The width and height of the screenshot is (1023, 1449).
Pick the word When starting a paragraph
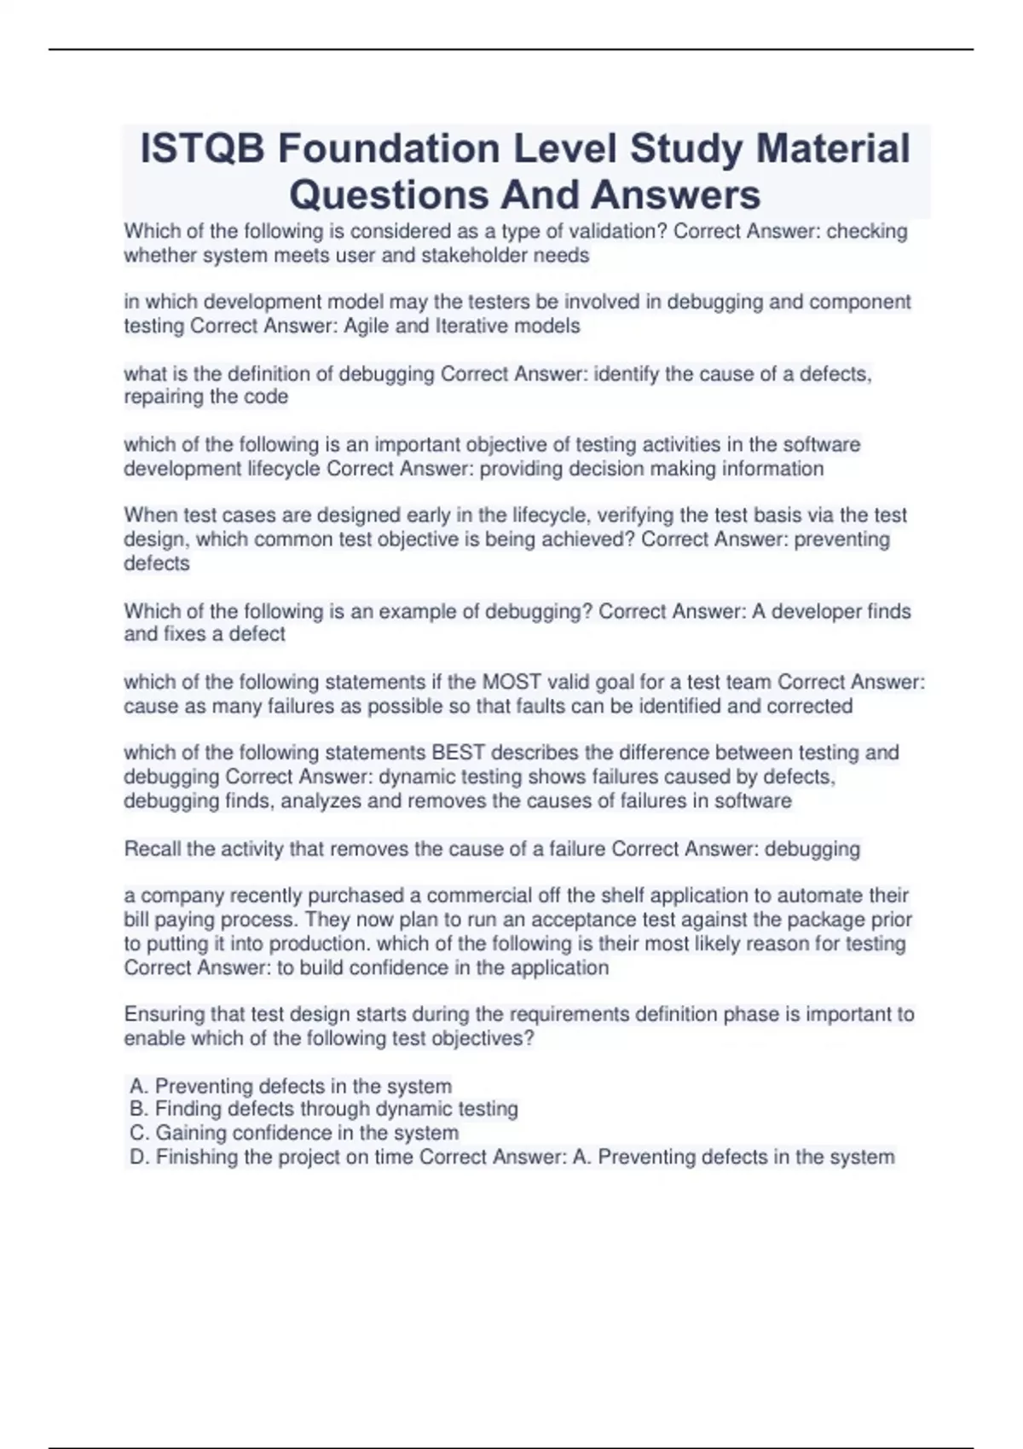point(149,516)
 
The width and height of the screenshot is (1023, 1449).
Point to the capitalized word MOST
point(511,682)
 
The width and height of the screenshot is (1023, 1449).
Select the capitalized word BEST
point(459,753)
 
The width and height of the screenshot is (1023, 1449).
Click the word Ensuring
point(164,1014)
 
